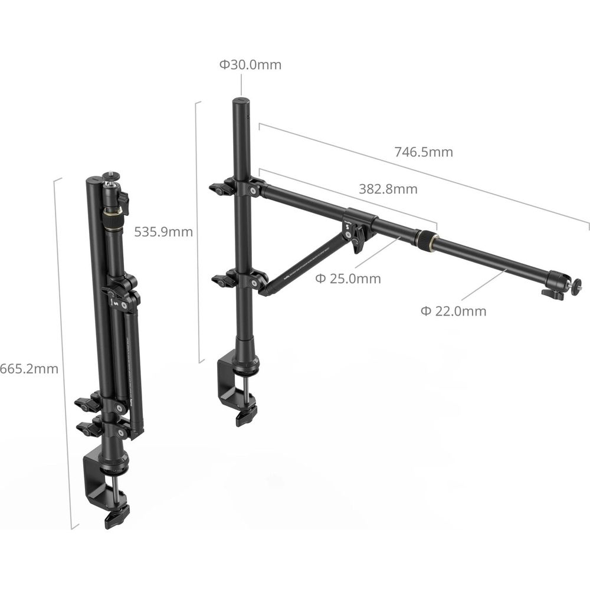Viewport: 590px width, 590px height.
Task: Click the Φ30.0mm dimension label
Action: tap(250, 65)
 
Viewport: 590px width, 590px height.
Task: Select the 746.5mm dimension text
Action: tap(424, 152)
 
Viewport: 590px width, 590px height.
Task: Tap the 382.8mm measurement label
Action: tap(388, 189)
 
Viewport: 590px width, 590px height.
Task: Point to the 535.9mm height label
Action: tap(163, 232)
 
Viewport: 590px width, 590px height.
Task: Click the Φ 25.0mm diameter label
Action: tap(348, 279)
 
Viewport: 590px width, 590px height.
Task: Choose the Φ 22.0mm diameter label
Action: tap(453, 311)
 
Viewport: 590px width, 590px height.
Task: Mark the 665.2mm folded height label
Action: tap(29, 369)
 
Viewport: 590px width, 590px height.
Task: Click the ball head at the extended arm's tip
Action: tap(563, 285)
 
